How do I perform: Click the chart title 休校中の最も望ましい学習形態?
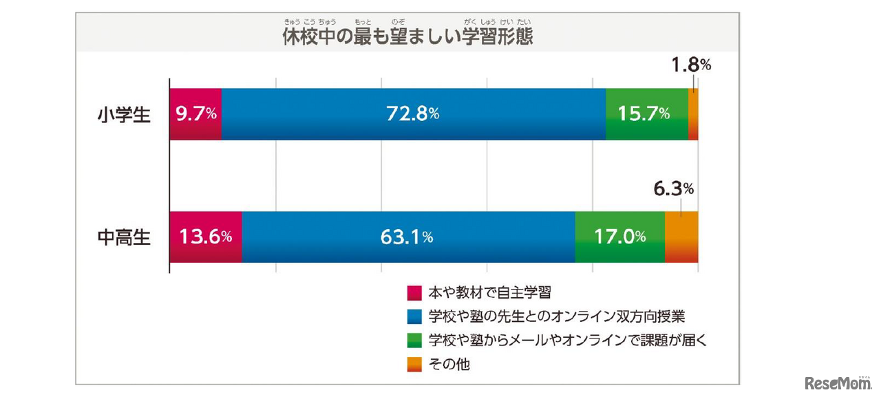pos(407,36)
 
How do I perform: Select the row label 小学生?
pos(124,114)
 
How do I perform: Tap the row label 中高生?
pos(124,237)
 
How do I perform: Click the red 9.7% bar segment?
pos(195,114)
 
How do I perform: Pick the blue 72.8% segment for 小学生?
pos(413,114)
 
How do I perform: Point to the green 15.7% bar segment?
pos(646,114)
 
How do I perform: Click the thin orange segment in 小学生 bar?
pos(693,114)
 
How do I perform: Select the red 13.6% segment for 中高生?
pos(205,237)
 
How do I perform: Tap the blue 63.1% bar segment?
pos(407,237)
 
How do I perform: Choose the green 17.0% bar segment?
pos(619,237)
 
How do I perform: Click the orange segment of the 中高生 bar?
pos(681,237)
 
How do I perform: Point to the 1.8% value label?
pos(690,65)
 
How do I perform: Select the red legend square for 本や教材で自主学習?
pos(414,293)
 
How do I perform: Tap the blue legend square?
pos(414,316)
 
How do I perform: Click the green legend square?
pos(414,340)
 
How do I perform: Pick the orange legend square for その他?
pos(414,364)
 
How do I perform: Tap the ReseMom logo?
pos(836,382)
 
